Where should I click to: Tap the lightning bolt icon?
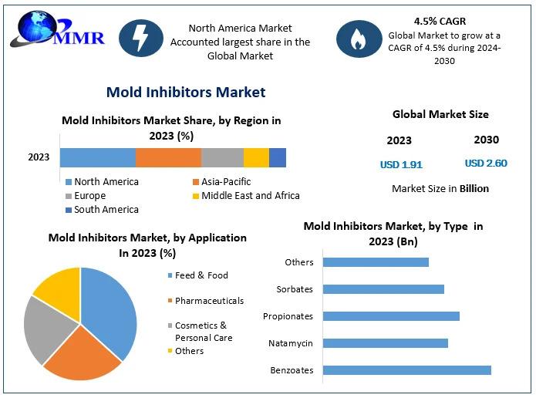coord(141,38)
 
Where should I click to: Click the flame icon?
coord(359,38)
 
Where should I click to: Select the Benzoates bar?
coord(406,370)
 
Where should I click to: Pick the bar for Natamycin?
coord(385,343)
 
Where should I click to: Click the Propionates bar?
coord(391,316)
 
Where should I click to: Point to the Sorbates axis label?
coord(295,289)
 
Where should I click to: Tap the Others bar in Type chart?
coord(376,262)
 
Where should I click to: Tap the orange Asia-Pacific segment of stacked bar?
coord(168,157)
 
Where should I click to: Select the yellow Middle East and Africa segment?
coord(256,157)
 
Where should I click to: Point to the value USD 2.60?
coord(486,164)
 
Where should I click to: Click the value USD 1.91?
coord(401,164)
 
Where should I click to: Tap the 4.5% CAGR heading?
coord(440,22)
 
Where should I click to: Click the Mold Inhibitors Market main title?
coord(185,93)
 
